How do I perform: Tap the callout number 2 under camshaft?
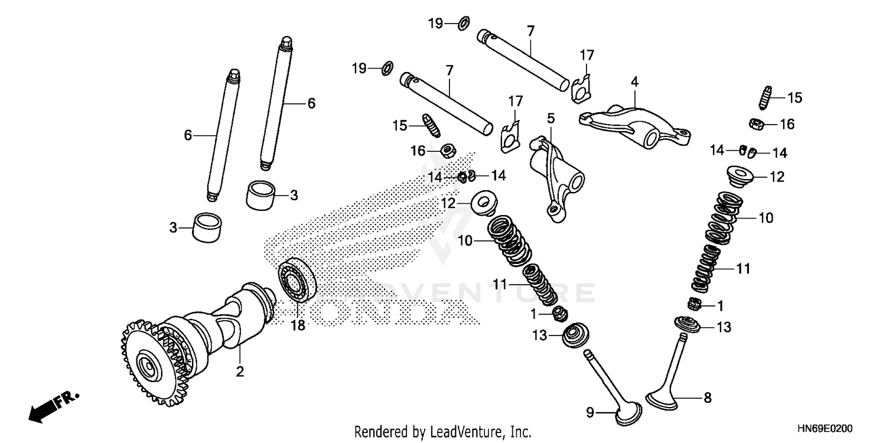pyautogui.click(x=240, y=372)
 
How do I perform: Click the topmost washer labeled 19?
pyautogui.click(x=464, y=24)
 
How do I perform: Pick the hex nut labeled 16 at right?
pyautogui.click(x=755, y=124)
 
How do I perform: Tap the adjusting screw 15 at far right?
pyautogui.click(x=764, y=97)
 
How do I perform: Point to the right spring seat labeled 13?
pyautogui.click(x=686, y=324)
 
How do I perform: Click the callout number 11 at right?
pyautogui.click(x=742, y=269)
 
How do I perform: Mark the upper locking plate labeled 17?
pyautogui.click(x=582, y=83)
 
